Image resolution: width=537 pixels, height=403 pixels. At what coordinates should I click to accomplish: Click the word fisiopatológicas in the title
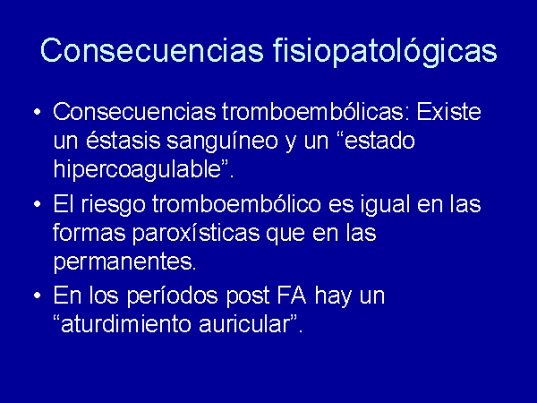click(385, 51)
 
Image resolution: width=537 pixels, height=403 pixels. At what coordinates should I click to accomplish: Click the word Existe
click(448, 112)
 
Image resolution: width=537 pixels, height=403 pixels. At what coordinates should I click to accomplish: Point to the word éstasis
click(123, 141)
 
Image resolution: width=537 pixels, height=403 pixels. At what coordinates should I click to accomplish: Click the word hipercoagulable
click(137, 170)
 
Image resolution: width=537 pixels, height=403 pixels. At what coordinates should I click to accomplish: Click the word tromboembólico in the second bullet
click(236, 203)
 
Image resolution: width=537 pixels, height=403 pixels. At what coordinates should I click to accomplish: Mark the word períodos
click(172, 296)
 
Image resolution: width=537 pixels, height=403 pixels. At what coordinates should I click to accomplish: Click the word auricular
click(244, 323)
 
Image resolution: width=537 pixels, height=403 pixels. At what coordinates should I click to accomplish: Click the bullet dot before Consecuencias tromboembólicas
click(38, 112)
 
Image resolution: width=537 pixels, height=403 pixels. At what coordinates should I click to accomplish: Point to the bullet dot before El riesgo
click(38, 204)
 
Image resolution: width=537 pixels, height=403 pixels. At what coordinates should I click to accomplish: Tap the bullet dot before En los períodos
click(38, 296)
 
